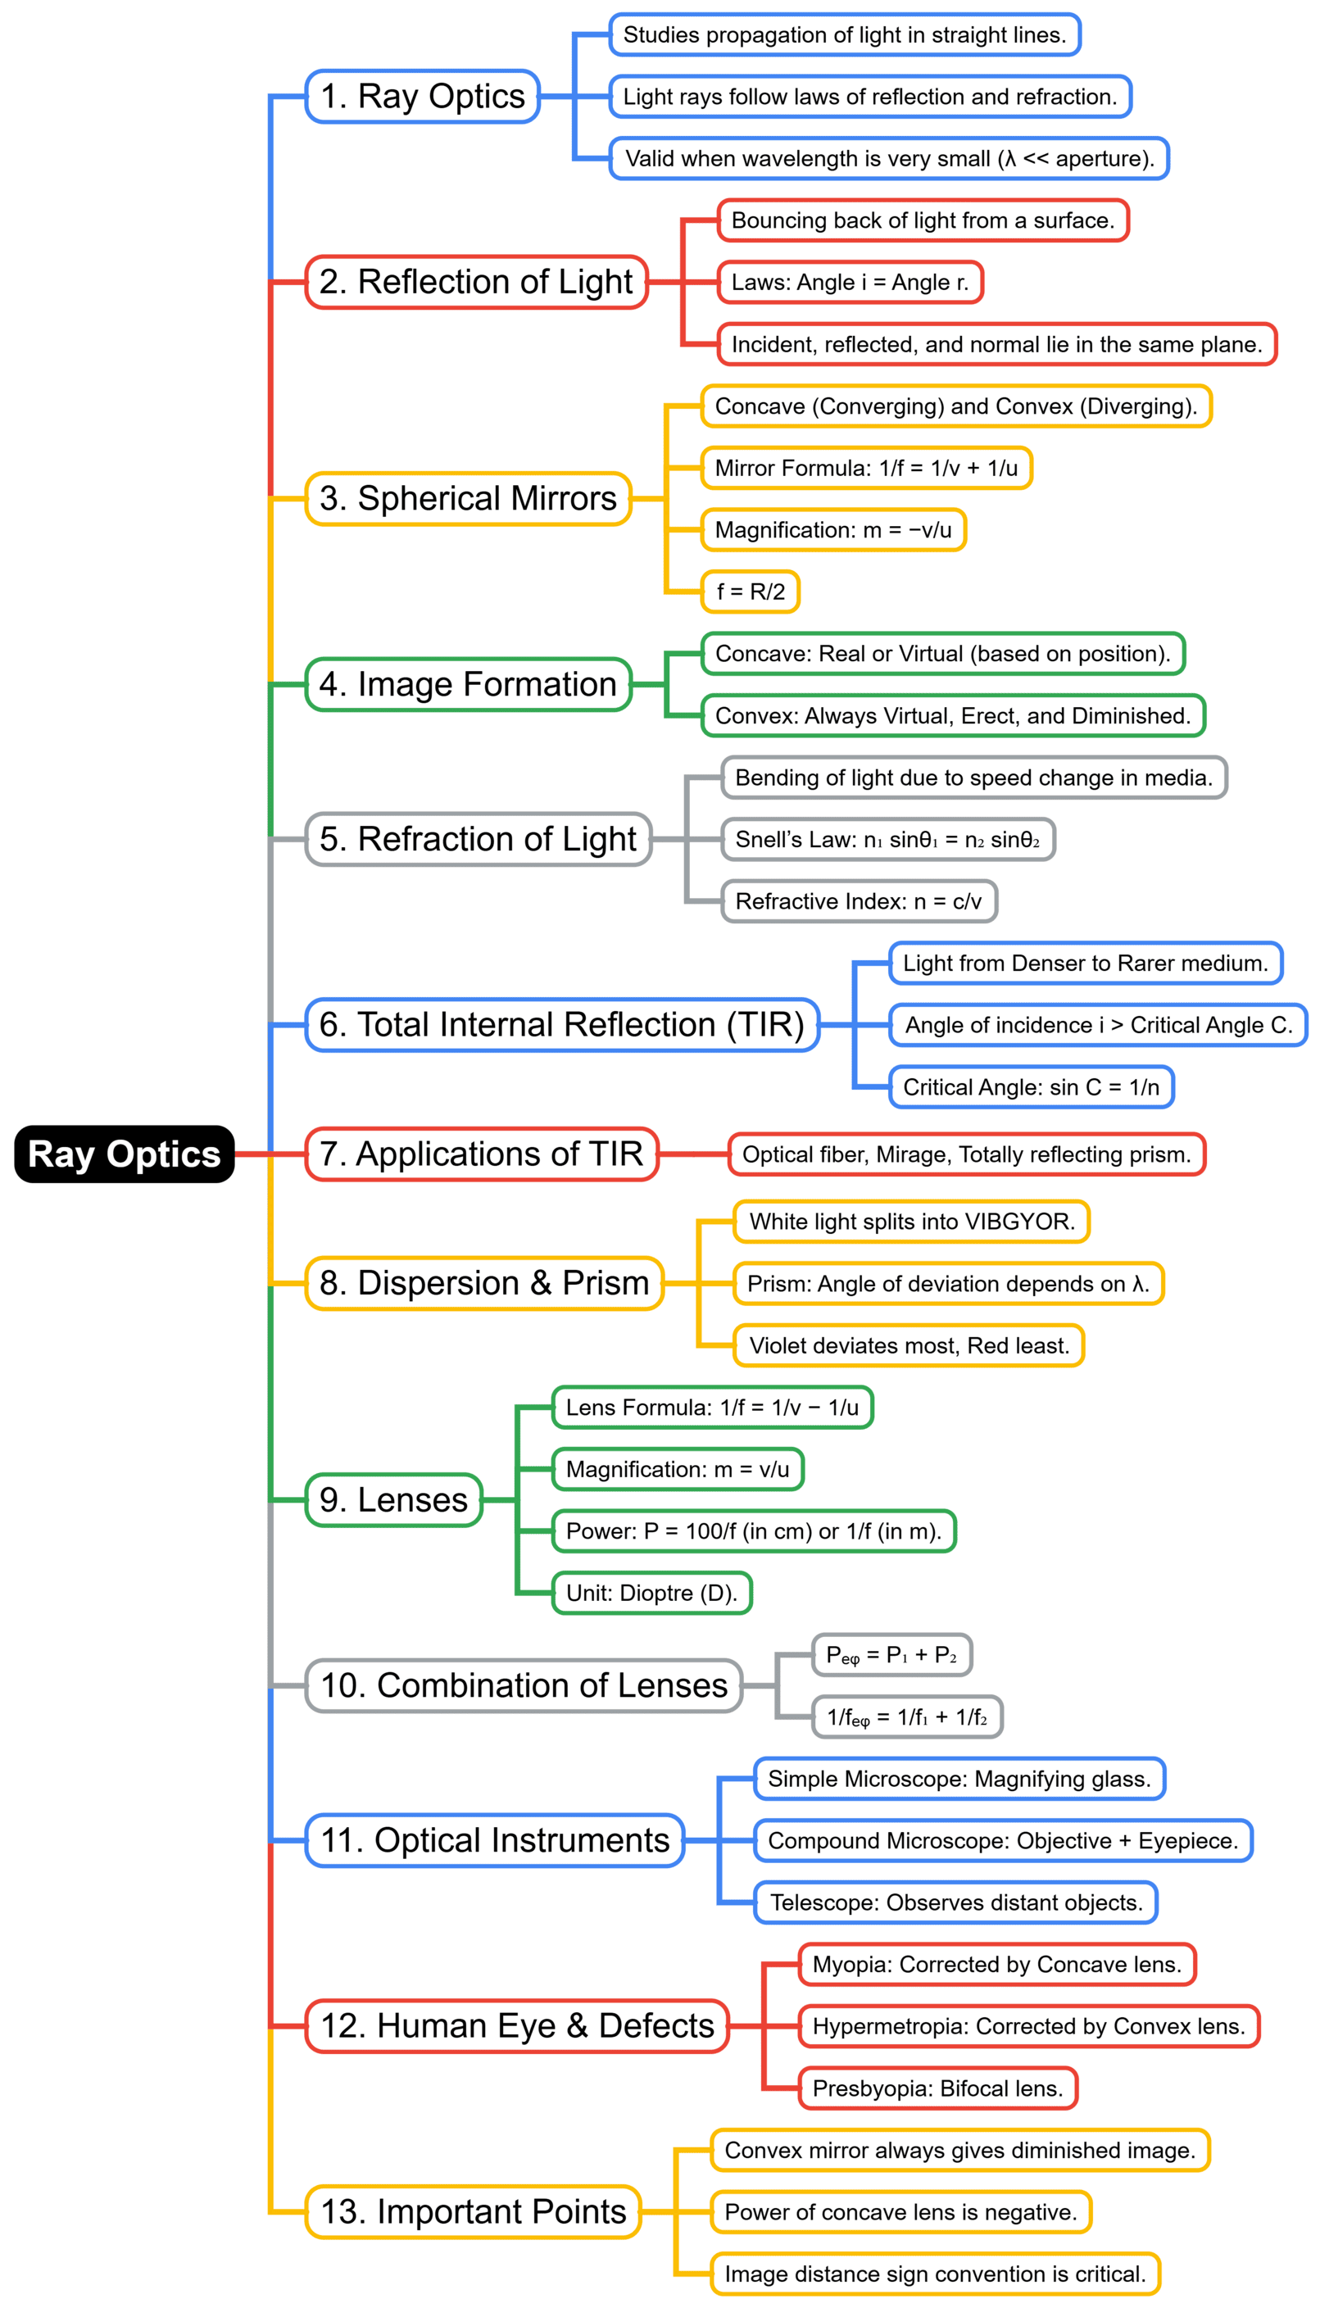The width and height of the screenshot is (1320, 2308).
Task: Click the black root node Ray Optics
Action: pos(125,1154)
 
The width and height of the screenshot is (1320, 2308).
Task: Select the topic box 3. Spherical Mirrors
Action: pos(468,499)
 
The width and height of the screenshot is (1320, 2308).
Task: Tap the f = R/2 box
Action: pos(751,592)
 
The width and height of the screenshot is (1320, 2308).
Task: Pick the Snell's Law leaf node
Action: pos(887,840)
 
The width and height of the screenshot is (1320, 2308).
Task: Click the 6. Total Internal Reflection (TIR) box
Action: pos(562,1025)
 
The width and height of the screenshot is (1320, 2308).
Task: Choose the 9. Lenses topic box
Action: pos(393,1500)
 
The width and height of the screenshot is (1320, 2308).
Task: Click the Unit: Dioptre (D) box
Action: pos(652,1593)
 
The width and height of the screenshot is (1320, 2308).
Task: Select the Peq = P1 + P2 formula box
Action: pos(891,1654)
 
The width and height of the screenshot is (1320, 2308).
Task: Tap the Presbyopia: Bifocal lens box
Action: pos(937,2088)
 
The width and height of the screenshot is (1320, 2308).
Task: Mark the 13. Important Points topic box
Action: pos(474,2212)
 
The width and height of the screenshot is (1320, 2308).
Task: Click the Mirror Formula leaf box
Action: pos(866,468)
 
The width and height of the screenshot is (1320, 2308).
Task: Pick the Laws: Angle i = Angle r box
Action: pos(850,282)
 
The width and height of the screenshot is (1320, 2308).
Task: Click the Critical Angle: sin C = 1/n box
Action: pos(1031,1087)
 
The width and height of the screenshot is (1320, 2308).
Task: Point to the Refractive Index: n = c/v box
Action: pos(859,901)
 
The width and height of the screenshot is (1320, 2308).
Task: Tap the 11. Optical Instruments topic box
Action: pos(495,1840)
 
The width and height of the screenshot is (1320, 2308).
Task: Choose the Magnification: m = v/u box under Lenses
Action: pos(678,1470)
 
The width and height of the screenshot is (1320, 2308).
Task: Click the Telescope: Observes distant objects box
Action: pos(955,1902)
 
